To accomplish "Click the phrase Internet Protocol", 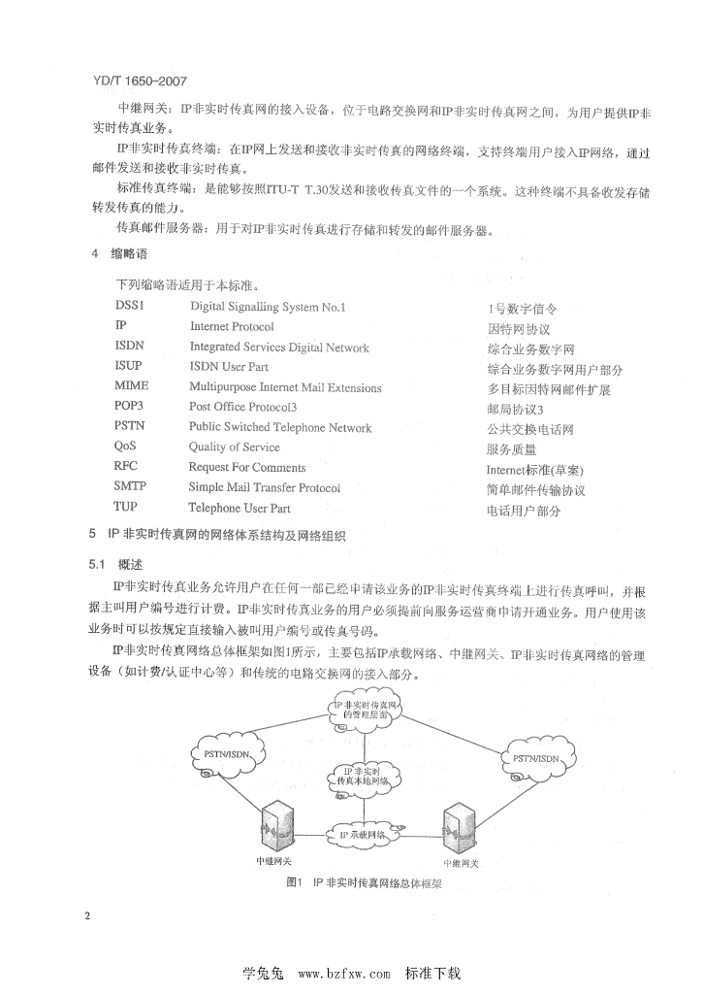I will pyautogui.click(x=232, y=327).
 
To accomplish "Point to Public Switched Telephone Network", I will pyautogui.click(x=280, y=428).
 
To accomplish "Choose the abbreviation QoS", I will pyautogui.click(x=128, y=447).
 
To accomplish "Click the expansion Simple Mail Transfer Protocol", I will pyautogui.click(x=265, y=488).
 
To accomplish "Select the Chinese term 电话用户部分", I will pyautogui.click(x=524, y=511).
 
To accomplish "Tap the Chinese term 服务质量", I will pyautogui.click(x=511, y=449).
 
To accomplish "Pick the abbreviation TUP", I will pyautogui.click(x=126, y=508).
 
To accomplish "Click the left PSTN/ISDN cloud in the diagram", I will pyautogui.click(x=230, y=757).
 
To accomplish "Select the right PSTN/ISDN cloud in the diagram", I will pyautogui.click(x=534, y=758).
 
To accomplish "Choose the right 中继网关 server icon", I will pyautogui.click(x=459, y=828).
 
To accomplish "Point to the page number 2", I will pyautogui.click(x=87, y=916).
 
